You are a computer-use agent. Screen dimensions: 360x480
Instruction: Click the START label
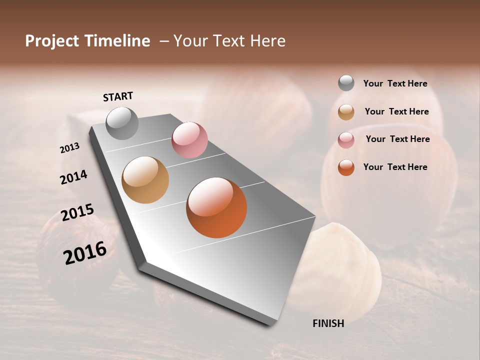pos(118,96)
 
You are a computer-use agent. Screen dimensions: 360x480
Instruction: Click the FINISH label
pos(328,323)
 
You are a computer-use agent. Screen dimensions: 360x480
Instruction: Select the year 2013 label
pos(70,148)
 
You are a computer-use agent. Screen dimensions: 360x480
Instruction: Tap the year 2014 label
pos(73,177)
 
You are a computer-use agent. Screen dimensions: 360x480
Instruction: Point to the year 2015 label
pos(77,212)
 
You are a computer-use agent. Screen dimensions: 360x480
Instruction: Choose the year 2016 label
pos(85,253)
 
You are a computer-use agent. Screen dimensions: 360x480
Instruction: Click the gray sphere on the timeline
pos(122,123)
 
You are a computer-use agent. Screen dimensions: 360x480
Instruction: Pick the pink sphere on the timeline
pos(189,140)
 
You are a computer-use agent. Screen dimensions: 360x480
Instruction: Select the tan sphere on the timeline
pos(145,180)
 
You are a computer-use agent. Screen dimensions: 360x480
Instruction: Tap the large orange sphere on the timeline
pos(216,207)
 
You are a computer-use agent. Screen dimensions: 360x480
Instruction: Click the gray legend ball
pos(346,83)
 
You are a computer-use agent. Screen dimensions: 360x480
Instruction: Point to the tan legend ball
pos(346,112)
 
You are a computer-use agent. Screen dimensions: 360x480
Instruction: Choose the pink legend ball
pos(346,140)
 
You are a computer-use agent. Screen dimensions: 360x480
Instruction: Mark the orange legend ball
pos(346,167)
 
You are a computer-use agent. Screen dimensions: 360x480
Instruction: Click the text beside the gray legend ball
pos(395,83)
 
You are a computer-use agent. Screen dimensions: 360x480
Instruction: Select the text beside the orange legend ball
pos(395,167)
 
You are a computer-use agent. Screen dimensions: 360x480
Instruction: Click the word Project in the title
pos(52,41)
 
